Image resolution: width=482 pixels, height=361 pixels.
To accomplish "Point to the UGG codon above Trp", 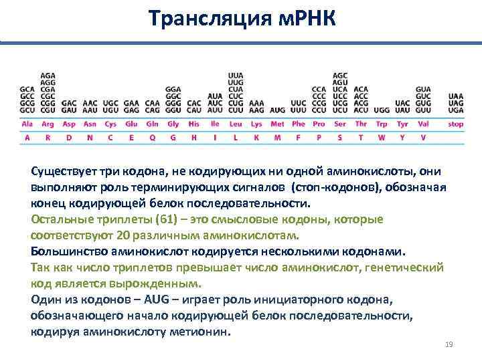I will pos(382,110).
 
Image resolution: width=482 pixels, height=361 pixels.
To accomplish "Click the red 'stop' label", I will pos(456,124).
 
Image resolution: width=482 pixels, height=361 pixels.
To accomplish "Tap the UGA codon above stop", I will pos(456,110).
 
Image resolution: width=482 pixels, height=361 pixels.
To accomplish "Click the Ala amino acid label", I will pos(27,124).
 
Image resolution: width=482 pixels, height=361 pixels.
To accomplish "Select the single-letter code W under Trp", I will pos(382,138).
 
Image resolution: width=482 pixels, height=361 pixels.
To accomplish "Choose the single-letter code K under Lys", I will pos(256,138).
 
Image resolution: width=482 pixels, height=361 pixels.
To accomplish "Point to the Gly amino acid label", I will pos(173,124).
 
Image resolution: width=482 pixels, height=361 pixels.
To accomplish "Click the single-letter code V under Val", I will pos(423,138).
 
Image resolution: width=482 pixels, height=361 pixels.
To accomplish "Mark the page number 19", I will pos(449,344).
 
